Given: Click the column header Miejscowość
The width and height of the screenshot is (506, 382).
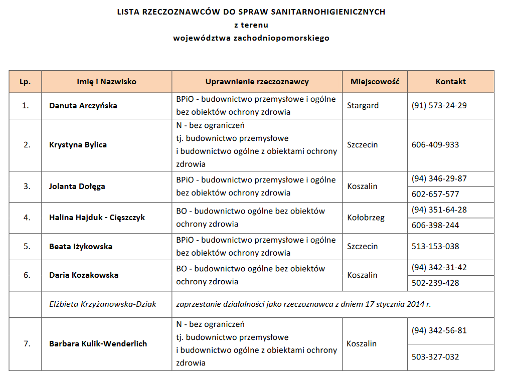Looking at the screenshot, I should [x=375, y=82].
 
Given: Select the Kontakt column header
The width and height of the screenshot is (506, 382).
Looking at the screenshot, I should [x=450, y=82].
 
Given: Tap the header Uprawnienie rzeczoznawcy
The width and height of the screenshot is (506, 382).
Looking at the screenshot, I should [x=257, y=82].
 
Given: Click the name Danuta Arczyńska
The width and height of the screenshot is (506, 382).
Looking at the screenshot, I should [x=83, y=106].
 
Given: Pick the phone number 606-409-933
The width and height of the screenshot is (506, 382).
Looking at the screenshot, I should [x=435, y=145].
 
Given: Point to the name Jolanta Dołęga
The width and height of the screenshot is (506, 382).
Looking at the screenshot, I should [x=77, y=186].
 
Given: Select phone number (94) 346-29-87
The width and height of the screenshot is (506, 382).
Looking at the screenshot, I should [x=439, y=178].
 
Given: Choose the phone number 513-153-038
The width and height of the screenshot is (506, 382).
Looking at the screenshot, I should [x=435, y=246].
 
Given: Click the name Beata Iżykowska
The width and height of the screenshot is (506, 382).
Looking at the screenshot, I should [x=80, y=247].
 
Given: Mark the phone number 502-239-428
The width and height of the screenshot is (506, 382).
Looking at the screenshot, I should [x=435, y=283].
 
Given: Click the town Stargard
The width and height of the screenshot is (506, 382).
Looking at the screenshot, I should [x=363, y=106].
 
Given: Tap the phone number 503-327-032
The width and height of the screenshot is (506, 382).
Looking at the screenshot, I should [x=435, y=357].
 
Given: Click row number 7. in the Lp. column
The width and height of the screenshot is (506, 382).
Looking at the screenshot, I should [x=27, y=344].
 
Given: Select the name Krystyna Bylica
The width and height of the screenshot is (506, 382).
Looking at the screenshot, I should [x=78, y=145].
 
